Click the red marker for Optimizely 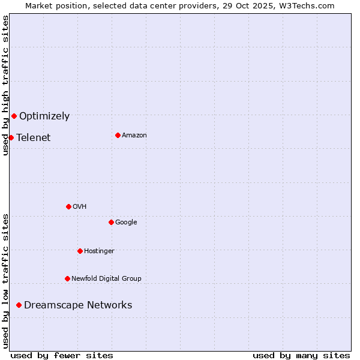point(14,116)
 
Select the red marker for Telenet point(11,137)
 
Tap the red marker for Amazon point(118,135)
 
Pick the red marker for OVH point(68,206)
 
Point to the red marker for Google point(111,222)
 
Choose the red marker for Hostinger point(80,251)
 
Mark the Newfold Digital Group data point point(67,278)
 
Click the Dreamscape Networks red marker point(19,305)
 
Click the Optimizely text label point(44,116)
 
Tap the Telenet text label point(34,138)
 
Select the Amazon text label point(134,136)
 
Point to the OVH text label point(80,207)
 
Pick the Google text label point(126,223)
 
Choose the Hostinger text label point(99,251)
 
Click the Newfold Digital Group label point(106,279)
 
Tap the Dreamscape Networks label point(78,305)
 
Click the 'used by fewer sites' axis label point(62,355)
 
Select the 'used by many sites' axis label point(301,355)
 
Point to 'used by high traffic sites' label point(5,85)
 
